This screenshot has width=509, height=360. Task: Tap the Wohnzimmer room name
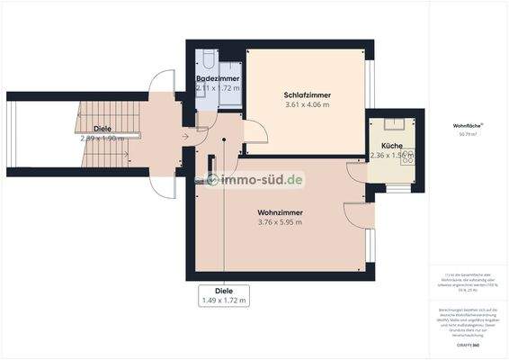[280, 211]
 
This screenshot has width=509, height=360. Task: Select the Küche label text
[391, 145]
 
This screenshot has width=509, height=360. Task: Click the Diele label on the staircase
[102, 129]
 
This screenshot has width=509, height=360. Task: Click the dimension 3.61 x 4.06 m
[307, 104]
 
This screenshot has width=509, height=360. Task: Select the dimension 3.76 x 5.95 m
[280, 222]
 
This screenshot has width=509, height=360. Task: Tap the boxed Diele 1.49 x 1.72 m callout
[224, 296]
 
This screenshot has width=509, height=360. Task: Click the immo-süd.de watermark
[255, 180]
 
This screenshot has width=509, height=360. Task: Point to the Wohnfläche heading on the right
[469, 125]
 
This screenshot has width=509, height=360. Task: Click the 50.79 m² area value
[469, 134]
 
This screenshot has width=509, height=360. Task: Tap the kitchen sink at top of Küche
[393, 125]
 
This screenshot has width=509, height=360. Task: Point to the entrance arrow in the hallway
[184, 137]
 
